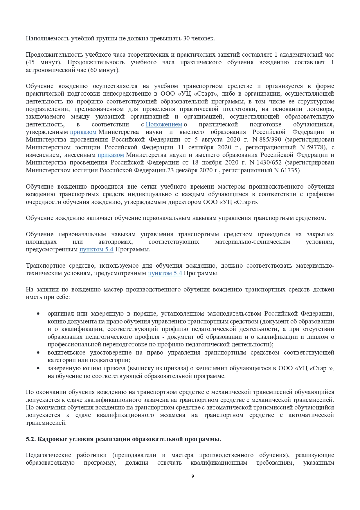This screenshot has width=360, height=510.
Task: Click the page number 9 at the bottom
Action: pyautogui.click(x=193, y=476)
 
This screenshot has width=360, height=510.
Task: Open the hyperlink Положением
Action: pyautogui.click(x=164, y=124)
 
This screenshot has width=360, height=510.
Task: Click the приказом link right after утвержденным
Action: pyautogui.click(x=83, y=132)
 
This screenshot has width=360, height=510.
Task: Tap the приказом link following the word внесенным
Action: pyautogui.click(x=111, y=155)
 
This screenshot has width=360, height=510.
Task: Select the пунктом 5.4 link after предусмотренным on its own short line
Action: pyautogui.click(x=96, y=249)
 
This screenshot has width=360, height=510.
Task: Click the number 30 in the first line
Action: pyautogui.click(x=186, y=38)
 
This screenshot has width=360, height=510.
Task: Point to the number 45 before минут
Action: pyautogui.click(x=31, y=62)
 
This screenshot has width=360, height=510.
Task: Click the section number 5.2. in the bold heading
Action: pyautogui.click(x=31, y=439)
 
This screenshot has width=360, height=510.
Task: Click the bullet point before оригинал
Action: pyautogui.click(x=38, y=314)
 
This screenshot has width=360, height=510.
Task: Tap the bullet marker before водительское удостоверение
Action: pyautogui.click(x=38, y=353)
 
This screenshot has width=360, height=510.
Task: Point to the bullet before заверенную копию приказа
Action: pyautogui.click(x=38, y=368)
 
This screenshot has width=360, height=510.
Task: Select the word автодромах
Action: pyautogui.click(x=115, y=242)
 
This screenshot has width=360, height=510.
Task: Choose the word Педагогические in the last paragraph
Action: pyautogui.click(x=48, y=455)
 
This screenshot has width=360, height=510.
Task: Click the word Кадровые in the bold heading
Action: pyautogui.click(x=52, y=439)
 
